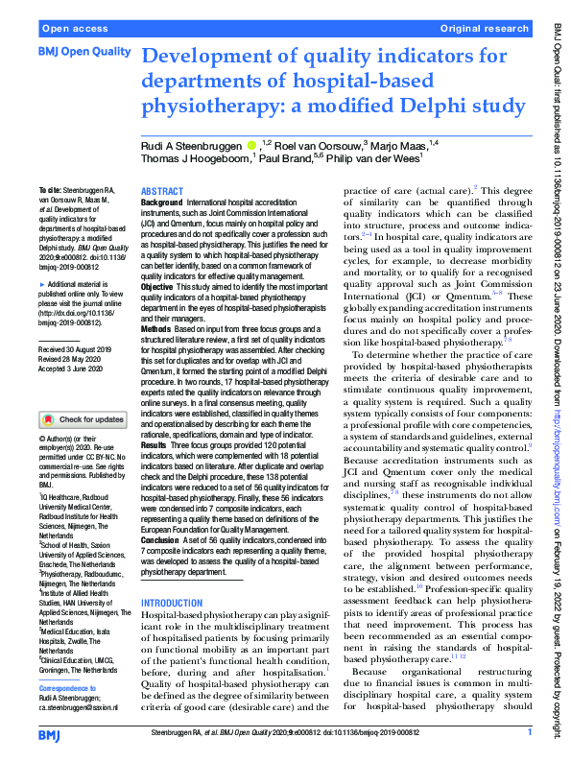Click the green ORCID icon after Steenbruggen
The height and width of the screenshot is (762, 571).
[x=250, y=145]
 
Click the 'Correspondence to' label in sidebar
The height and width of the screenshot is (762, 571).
[x=69, y=689]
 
